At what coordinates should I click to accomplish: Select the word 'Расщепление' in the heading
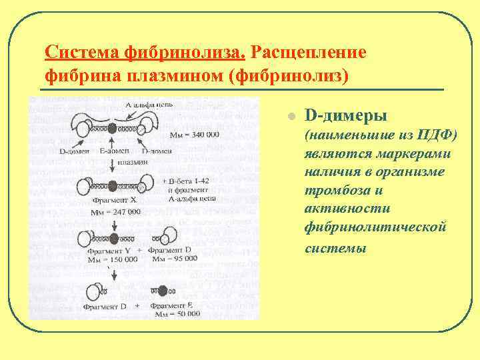pos(309,52)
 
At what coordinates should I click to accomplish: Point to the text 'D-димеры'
pos(345,116)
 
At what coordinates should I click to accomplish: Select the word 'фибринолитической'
pos(375,228)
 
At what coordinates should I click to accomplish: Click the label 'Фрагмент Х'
pos(114,200)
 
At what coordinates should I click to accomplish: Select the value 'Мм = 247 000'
pos(115,211)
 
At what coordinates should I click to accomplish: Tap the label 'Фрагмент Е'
pos(174,304)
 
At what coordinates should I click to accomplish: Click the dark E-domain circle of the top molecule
pos(112,129)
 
